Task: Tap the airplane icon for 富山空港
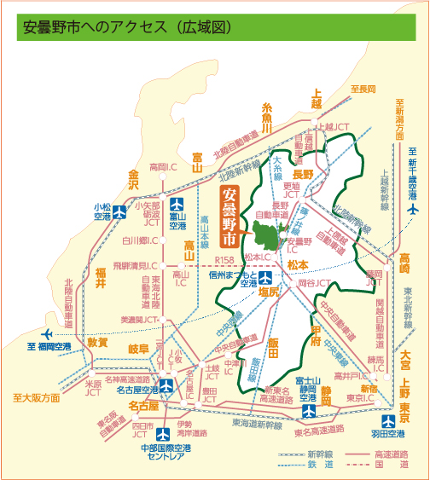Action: click(177, 205)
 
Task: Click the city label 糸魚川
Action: click(267, 118)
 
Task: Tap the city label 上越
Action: click(317, 98)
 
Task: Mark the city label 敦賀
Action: click(98, 342)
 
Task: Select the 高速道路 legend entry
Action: click(375, 454)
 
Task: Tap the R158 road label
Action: click(224, 259)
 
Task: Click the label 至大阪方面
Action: click(36, 398)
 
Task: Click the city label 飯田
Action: click(273, 341)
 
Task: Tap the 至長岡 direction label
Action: click(363, 89)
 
